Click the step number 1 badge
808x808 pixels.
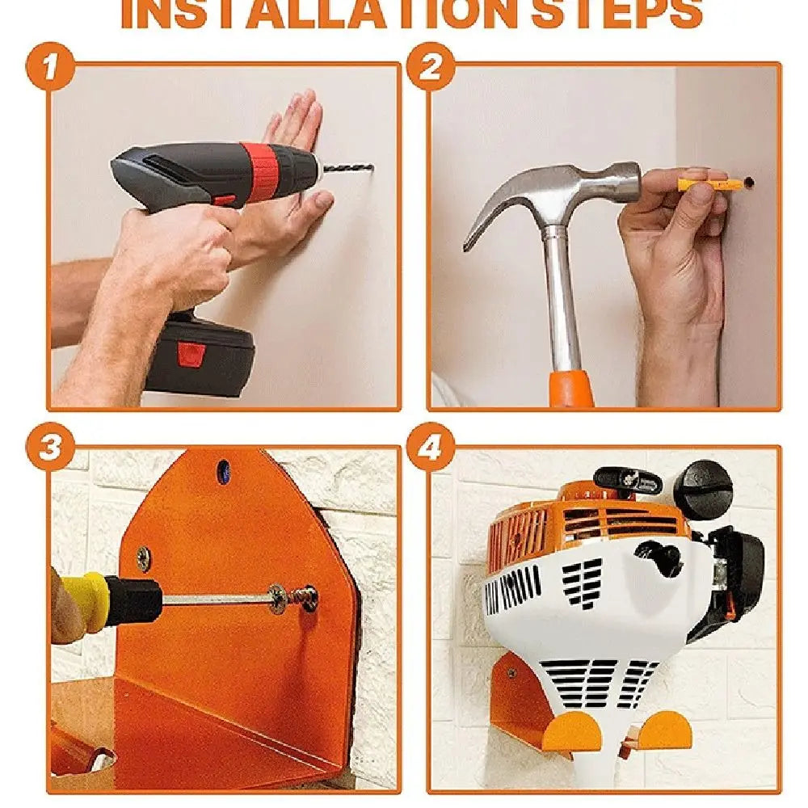[50, 66]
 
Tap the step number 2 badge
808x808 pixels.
[431, 66]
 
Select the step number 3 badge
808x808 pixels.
[50, 447]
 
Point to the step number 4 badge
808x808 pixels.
[431, 447]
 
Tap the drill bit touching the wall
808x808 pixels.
[347, 168]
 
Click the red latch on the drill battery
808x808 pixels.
[191, 355]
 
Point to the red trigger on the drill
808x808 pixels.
[225, 200]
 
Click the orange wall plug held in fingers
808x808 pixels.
[710, 183]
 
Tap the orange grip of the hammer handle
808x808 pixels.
[571, 389]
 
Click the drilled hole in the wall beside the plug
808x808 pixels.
[748, 182]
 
